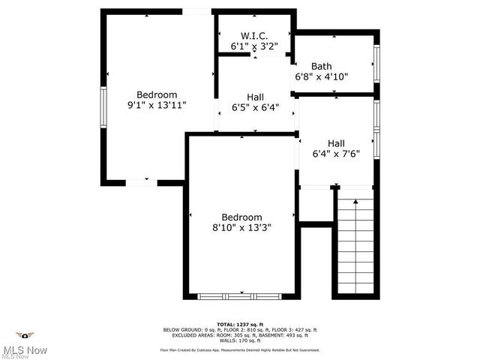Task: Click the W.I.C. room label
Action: point(254,36)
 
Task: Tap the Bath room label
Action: point(322,66)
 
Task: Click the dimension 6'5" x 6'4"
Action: point(255,107)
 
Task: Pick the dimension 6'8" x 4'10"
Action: point(322,76)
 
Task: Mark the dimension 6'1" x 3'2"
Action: point(254,46)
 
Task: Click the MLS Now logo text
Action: point(25,350)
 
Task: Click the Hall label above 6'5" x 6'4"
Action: point(255,97)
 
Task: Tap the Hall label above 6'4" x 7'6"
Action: point(336,143)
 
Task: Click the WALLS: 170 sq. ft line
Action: point(240,340)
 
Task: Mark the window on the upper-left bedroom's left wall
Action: point(104,108)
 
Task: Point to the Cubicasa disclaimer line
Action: point(240,350)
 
